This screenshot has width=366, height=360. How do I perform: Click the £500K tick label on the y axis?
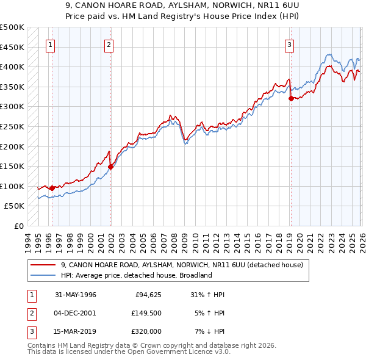[x=12, y=27]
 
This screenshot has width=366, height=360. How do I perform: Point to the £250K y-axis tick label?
[x=12, y=126]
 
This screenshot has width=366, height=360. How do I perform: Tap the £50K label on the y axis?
[x=14, y=206]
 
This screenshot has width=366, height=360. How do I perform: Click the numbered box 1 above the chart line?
[x=49, y=44]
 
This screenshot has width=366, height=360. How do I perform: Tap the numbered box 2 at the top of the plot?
[x=109, y=44]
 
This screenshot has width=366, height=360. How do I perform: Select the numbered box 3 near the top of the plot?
[x=289, y=44]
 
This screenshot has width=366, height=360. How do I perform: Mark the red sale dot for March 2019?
[x=290, y=98]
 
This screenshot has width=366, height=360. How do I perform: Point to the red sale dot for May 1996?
[x=52, y=188]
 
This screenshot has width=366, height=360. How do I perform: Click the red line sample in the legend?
[x=43, y=265]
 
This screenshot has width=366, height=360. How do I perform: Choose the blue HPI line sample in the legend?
[x=43, y=275]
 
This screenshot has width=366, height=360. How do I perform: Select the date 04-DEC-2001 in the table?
[x=75, y=313]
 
